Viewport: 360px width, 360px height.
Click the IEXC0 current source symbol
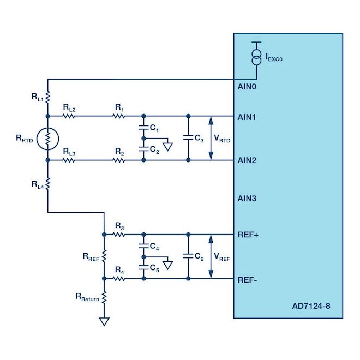click(x=256, y=57)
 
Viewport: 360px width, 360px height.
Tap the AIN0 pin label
click(x=247, y=87)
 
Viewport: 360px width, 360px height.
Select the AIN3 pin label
click(x=247, y=199)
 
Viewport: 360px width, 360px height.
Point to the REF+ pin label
click(x=248, y=235)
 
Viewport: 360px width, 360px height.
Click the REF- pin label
click(x=247, y=280)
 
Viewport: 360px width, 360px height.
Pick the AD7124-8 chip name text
click(x=311, y=306)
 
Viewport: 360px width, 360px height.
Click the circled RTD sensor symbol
click(x=48, y=139)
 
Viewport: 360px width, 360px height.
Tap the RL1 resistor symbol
click(x=48, y=97)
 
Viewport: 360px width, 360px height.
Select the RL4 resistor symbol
click(x=48, y=184)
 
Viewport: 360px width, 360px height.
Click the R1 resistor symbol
click(x=119, y=116)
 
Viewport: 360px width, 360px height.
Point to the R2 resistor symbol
click(x=119, y=160)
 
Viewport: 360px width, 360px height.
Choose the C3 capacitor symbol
click(x=188, y=138)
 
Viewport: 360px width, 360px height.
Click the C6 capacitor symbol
click(x=188, y=256)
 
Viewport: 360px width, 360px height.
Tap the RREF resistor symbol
click(x=104, y=256)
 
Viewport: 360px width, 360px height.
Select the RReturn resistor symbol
click(x=104, y=297)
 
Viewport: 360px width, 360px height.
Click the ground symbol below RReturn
click(x=104, y=321)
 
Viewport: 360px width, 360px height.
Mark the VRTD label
click(x=222, y=139)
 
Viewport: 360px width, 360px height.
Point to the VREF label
click(x=222, y=257)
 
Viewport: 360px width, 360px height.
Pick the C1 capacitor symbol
click(x=143, y=128)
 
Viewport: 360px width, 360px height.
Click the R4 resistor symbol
click(x=119, y=279)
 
